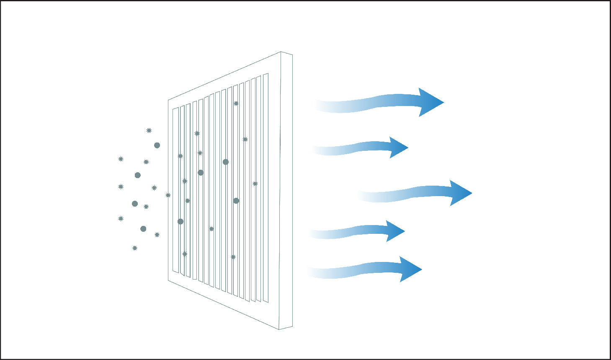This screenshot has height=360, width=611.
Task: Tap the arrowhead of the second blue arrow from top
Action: click(x=398, y=148)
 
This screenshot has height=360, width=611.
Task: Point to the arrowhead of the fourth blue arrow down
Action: click(x=395, y=231)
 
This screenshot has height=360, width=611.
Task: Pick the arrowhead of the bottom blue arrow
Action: click(x=410, y=269)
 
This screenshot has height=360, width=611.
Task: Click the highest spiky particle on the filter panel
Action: click(x=236, y=103)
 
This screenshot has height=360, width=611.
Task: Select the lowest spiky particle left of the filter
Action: click(x=135, y=248)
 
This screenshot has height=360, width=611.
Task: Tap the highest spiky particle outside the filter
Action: click(x=149, y=130)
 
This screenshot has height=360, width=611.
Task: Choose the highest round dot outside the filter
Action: click(x=157, y=145)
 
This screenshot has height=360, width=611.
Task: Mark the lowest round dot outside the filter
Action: click(x=143, y=229)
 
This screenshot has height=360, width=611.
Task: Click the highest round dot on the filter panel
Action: click(x=226, y=162)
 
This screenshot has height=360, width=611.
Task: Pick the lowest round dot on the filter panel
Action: click(x=180, y=221)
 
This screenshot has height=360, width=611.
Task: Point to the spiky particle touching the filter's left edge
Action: click(x=168, y=195)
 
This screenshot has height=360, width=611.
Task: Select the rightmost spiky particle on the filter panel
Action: click(x=255, y=184)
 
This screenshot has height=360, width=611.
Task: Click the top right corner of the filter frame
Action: click(x=292, y=54)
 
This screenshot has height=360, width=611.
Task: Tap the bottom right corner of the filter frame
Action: click(x=292, y=326)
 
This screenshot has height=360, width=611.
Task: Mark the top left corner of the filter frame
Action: click(x=168, y=100)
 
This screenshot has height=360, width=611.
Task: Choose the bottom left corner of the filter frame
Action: click(x=168, y=280)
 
